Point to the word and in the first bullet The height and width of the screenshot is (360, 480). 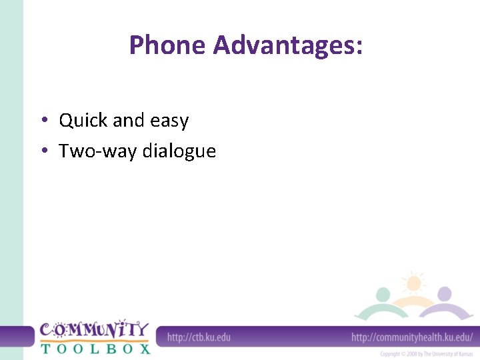[128, 121]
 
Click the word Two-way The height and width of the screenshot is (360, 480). [91, 151]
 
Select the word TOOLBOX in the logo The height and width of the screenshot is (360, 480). [95, 348]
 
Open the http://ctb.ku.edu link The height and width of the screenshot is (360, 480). [199, 337]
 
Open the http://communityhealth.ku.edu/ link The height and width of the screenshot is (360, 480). [412, 337]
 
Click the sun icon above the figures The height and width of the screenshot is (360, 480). [413, 283]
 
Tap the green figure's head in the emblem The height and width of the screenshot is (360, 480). [383, 295]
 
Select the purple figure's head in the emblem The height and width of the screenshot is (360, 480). [444, 294]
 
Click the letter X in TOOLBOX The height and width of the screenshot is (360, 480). [145, 348]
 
